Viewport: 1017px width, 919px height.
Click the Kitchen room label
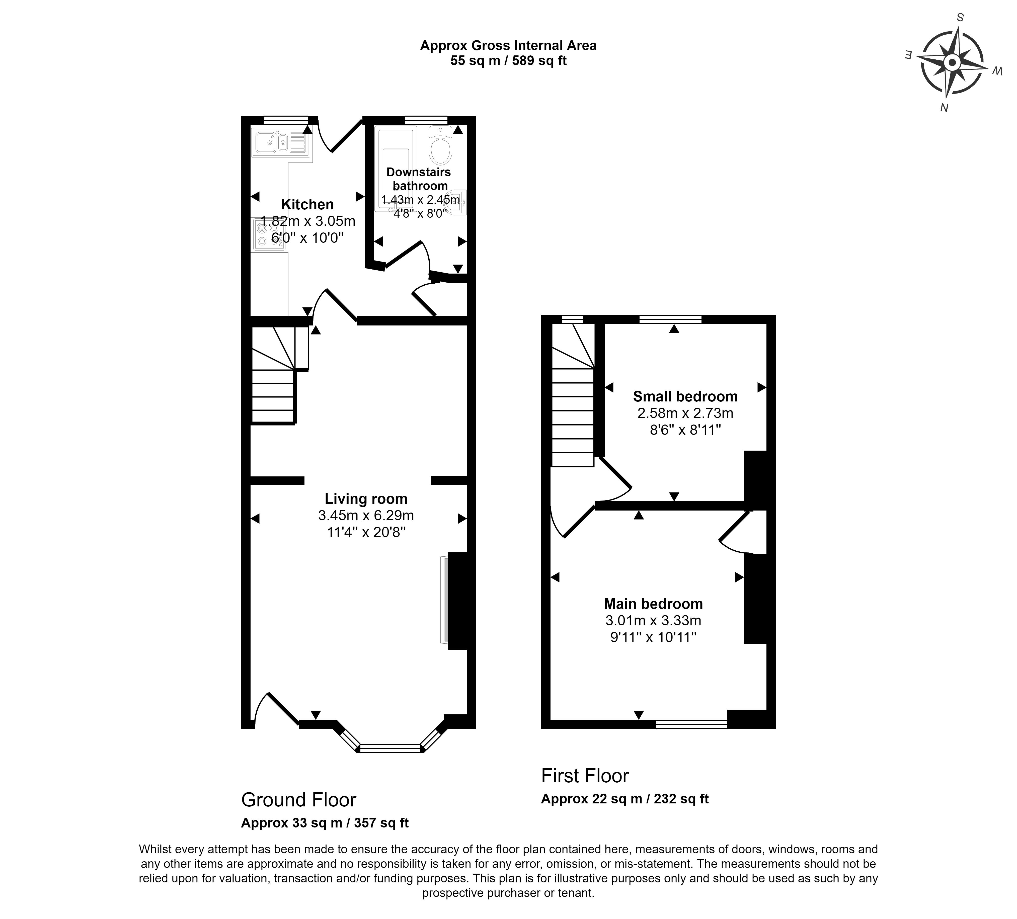[307, 204]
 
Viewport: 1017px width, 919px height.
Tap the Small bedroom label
[685, 396]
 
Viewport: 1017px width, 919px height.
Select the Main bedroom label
[653, 604]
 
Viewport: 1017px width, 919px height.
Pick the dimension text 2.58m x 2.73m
[685, 413]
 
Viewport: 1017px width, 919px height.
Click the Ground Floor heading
[299, 800]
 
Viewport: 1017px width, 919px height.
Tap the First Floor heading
[585, 776]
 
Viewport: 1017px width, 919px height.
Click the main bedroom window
[692, 724]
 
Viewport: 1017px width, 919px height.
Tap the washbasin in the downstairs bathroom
[456, 203]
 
